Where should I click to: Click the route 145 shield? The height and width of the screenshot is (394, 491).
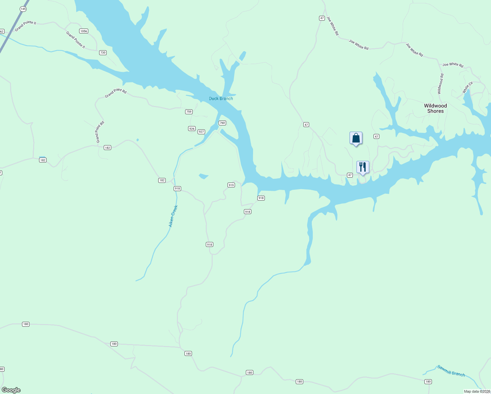[23, 9]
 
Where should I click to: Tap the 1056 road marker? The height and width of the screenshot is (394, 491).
[84, 31]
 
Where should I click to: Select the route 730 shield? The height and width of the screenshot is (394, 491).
[103, 53]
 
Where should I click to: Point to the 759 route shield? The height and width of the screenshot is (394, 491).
[189, 112]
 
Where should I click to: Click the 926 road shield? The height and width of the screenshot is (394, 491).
[192, 128]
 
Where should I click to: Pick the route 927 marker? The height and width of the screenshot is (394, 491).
[201, 132]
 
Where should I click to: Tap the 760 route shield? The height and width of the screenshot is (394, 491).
[222, 123]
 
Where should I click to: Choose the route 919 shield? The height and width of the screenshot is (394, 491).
[231, 185]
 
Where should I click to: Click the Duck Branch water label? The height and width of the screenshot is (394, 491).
[221, 98]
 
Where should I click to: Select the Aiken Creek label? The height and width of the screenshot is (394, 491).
[173, 216]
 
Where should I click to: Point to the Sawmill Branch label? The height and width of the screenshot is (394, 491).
[451, 371]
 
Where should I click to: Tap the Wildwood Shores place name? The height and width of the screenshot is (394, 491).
[435, 108]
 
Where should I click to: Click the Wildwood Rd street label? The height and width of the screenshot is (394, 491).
[440, 84]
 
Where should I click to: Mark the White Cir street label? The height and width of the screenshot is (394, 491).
[467, 87]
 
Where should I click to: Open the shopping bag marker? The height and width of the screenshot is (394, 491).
[356, 138]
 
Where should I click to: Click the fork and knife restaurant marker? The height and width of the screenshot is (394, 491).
[363, 167]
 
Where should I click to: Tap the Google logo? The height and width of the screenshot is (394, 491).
[11, 390]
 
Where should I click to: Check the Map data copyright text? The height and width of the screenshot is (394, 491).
[477, 391]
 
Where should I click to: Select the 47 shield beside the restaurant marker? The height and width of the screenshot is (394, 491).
[350, 175]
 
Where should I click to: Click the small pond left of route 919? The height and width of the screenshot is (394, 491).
[203, 176]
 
